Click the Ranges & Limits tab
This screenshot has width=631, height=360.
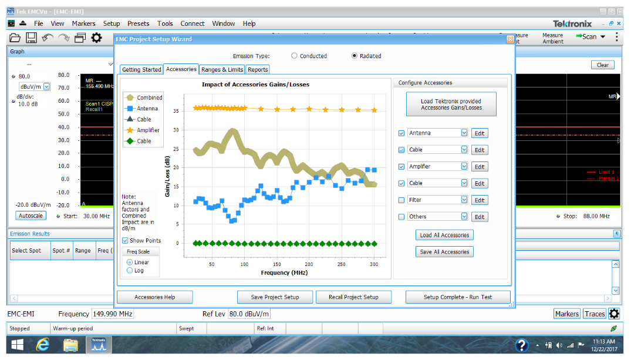tap(222, 70)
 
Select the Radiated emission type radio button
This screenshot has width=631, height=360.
tap(355, 56)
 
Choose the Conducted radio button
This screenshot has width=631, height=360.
tap(295, 56)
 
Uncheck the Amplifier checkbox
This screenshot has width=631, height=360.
tap(401, 167)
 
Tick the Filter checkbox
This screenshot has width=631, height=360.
tap(401, 200)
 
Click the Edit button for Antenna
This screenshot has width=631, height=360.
tap(480, 133)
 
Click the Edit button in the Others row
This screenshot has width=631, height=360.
tap(480, 217)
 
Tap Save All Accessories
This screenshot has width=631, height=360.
tap(444, 252)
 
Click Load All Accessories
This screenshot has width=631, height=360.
tap(444, 235)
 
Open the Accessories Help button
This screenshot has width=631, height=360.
tap(154, 297)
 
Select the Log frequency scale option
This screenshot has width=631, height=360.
tap(130, 271)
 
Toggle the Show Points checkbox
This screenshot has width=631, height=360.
tap(126, 241)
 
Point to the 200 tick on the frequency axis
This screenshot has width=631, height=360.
tap(309, 264)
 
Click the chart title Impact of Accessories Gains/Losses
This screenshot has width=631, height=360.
tap(255, 85)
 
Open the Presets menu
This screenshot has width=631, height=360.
tap(138, 23)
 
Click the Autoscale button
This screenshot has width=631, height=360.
tap(31, 216)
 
